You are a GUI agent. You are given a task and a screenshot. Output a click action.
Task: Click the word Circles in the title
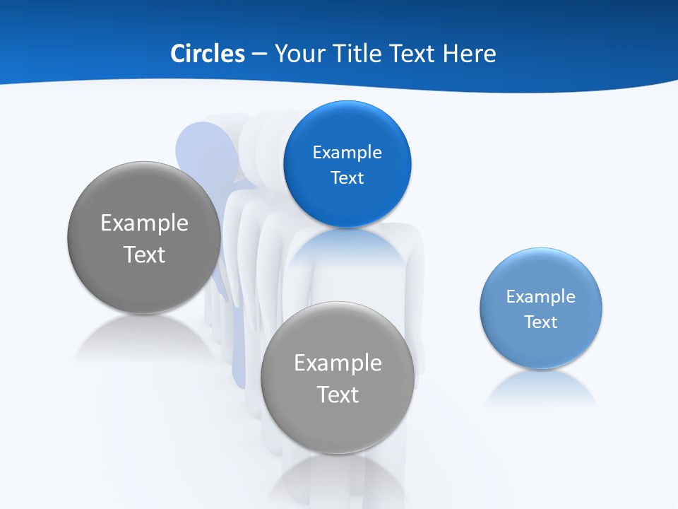pyautogui.click(x=207, y=54)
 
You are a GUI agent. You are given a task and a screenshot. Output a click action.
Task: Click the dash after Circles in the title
pyautogui.click(x=258, y=54)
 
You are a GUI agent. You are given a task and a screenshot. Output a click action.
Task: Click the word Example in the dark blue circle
pyautogui.click(x=347, y=152)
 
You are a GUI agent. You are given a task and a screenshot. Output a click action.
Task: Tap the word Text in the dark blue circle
pyautogui.click(x=347, y=177)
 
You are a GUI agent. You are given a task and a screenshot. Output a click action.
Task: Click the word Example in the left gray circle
pyautogui.click(x=144, y=223)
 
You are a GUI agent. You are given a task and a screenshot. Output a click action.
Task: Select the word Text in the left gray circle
pyautogui.click(x=144, y=255)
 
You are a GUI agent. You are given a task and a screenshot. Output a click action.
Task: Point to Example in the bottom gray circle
pyautogui.click(x=338, y=363)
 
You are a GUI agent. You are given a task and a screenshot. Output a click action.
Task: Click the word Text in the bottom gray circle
pyautogui.click(x=338, y=394)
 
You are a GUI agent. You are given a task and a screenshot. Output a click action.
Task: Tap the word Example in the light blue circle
pyautogui.click(x=540, y=296)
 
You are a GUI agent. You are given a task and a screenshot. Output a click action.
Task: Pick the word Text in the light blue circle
pyautogui.click(x=540, y=322)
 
